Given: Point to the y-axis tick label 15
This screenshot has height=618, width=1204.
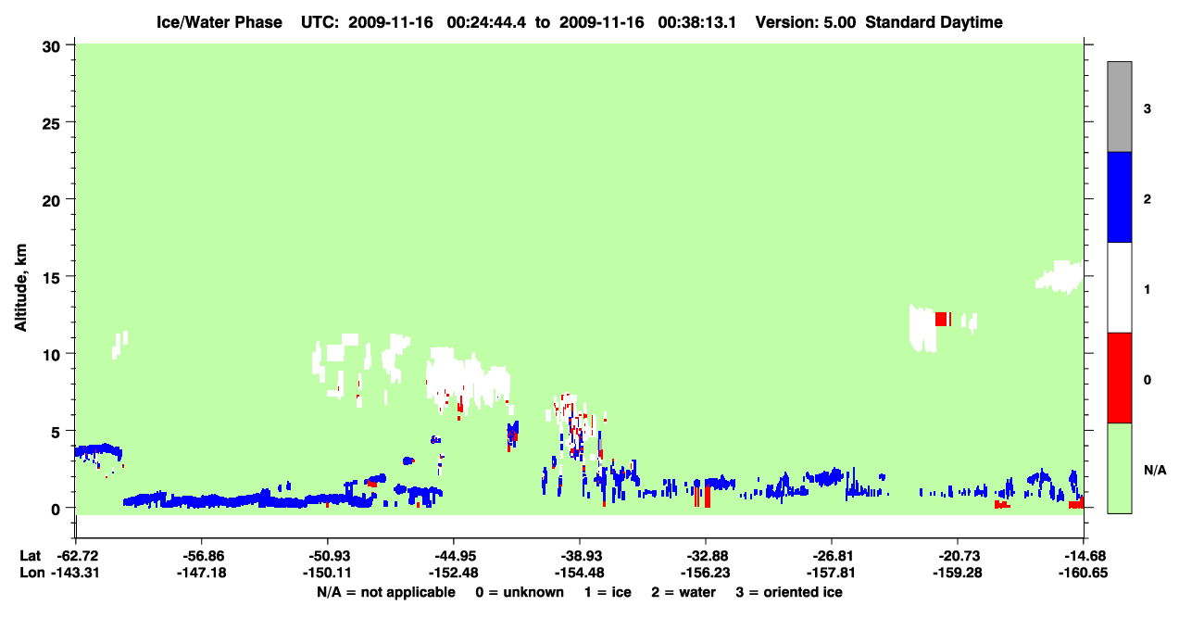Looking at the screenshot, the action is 51,278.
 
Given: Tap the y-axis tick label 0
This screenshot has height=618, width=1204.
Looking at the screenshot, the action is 56,510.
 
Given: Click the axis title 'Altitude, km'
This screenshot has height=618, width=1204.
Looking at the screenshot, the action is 20,287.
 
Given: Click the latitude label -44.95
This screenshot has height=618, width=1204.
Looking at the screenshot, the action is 453,556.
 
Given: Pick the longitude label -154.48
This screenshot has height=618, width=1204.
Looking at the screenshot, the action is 580,573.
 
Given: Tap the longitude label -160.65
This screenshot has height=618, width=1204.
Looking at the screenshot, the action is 1083,573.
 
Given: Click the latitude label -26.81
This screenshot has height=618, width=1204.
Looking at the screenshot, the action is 831,556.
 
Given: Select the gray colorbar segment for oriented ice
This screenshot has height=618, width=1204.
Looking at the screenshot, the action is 1120,107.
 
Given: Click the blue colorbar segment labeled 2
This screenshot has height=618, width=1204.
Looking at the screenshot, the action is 1120,196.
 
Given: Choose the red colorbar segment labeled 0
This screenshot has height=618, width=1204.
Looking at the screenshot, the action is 1120,378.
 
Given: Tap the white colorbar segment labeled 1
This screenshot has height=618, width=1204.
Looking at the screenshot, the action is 1120,288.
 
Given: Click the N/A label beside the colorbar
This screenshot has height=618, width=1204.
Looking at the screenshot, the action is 1155,471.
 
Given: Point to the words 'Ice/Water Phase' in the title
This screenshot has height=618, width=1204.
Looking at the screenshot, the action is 219,22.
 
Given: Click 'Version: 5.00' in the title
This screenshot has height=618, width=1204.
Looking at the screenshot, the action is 805,22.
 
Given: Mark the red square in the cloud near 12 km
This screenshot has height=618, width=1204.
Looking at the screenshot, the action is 941,319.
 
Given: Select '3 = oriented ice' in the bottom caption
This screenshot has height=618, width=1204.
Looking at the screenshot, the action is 789,592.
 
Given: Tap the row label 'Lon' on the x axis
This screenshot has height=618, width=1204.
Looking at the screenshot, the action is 32,573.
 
